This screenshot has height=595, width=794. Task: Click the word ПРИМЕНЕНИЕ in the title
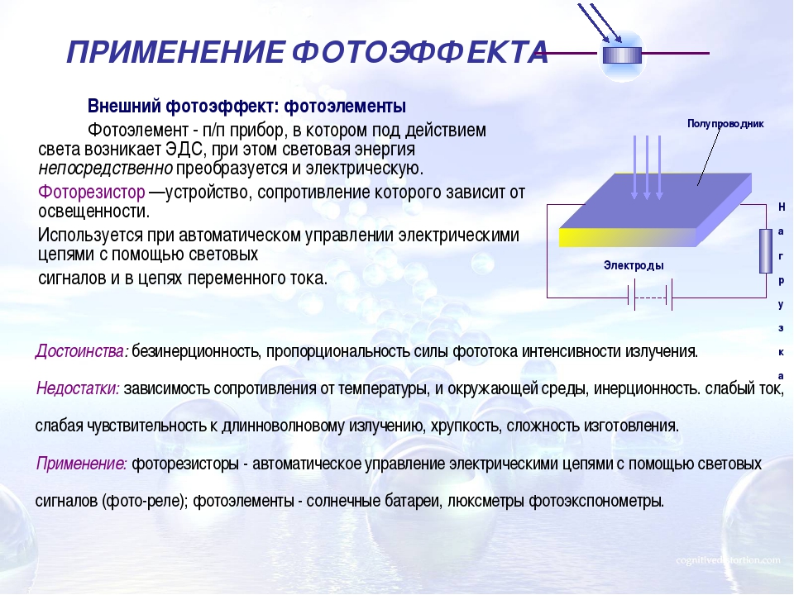[x=175, y=52]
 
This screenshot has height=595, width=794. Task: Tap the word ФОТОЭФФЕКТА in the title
[x=420, y=52]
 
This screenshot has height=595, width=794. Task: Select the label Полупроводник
[x=725, y=123]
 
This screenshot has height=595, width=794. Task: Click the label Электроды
[x=634, y=265]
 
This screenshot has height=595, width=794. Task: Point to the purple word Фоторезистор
[x=92, y=193]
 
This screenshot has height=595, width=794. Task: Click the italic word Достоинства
[x=82, y=350]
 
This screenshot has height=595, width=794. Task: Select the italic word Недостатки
[x=78, y=388]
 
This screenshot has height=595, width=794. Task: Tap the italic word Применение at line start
[x=82, y=464]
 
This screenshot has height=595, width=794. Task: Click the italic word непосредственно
[x=105, y=169]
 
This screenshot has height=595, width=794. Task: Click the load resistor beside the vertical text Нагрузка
[x=766, y=251]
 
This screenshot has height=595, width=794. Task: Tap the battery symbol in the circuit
[x=650, y=297]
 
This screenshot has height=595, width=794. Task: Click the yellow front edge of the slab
[x=627, y=237]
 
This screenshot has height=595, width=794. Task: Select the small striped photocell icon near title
[x=622, y=55]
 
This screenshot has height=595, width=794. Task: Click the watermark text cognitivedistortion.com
[x=728, y=560]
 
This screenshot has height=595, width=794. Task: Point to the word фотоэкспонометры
[x=596, y=501]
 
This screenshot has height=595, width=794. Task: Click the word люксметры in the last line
[x=485, y=501]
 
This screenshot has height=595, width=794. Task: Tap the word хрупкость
[x=466, y=426]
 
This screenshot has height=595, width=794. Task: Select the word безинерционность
[x=197, y=351]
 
